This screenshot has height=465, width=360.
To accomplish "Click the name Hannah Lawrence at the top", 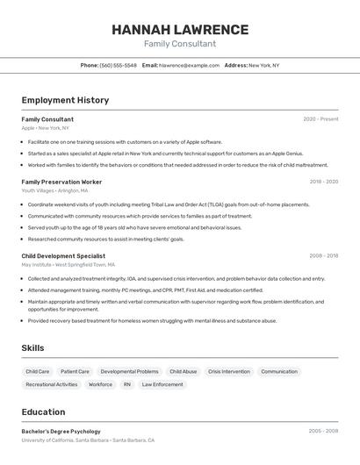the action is click(x=180, y=30).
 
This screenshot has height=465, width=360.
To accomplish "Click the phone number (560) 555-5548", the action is click(x=118, y=65).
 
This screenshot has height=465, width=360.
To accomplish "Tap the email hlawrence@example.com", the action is click(x=189, y=65).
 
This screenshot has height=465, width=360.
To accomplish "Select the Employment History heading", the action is click(x=65, y=100).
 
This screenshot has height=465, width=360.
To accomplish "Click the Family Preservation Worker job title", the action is click(x=61, y=182).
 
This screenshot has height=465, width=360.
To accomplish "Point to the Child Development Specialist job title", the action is click(x=63, y=256).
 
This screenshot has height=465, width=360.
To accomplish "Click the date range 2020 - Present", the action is click(x=320, y=119).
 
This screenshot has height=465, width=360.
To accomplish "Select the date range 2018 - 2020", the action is click(x=323, y=182).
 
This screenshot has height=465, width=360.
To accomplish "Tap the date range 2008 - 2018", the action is click(x=323, y=256).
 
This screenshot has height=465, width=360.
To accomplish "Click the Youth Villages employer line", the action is click(x=54, y=190).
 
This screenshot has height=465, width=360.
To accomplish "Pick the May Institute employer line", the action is click(x=68, y=264).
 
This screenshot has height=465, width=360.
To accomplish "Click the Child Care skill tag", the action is click(x=38, y=371).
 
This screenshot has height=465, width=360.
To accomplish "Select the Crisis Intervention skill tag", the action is click(x=228, y=371).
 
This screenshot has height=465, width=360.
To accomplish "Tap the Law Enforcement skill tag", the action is click(x=162, y=384).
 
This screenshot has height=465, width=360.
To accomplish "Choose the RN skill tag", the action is click(x=127, y=384).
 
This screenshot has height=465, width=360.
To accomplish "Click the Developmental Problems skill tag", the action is click(x=130, y=371).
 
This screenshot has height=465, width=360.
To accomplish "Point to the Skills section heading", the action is click(x=32, y=348).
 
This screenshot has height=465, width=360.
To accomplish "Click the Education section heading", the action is click(x=43, y=411).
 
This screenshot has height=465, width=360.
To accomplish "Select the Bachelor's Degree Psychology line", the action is click(x=61, y=432).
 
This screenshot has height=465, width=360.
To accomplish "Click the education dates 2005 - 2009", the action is click(x=323, y=432).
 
